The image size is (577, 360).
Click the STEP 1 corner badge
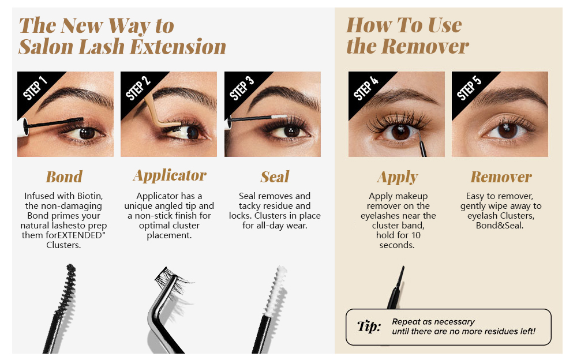point(33,87)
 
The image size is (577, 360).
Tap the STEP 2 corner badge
point(137,87)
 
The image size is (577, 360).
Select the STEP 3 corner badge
point(241,87)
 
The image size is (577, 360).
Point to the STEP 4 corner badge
point(365,87)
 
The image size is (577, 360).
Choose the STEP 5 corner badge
point(468,87)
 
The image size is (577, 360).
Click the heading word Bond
point(64,177)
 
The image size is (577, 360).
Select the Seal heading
point(274,177)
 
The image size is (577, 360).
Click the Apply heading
point(398,177)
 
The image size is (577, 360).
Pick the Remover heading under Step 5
point(501,177)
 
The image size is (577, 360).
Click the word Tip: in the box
point(369,327)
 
